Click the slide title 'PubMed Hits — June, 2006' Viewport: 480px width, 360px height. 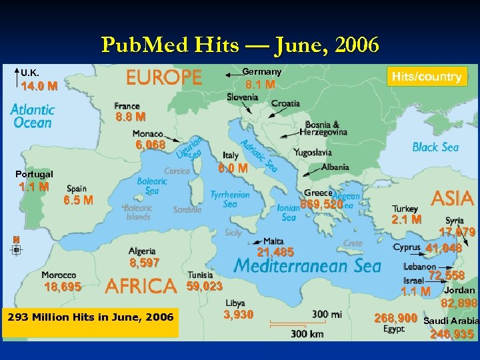pyautogui.click(x=240, y=45)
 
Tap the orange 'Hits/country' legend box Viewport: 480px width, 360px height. pyautogui.click(x=426, y=77)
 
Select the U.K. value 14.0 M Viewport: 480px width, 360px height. pyautogui.click(x=39, y=86)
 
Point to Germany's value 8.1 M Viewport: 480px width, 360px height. pyautogui.click(x=260, y=85)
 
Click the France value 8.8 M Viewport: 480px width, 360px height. pyautogui.click(x=130, y=117)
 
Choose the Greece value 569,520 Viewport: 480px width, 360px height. pyautogui.click(x=322, y=205)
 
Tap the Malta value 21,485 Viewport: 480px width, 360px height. pyautogui.click(x=275, y=252)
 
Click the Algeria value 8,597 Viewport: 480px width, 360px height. pyautogui.click(x=144, y=263)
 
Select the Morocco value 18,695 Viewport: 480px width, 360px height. pyautogui.click(x=63, y=287)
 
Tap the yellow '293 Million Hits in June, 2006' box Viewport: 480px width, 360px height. pyautogui.click(x=90, y=317)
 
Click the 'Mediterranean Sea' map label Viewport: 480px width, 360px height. pyautogui.click(x=307, y=266)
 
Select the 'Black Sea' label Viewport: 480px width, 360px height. pyautogui.click(x=435, y=147)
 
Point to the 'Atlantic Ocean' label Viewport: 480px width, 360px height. pyautogui.click(x=32, y=116)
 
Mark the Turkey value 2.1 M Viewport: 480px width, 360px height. pyautogui.click(x=407, y=219)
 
